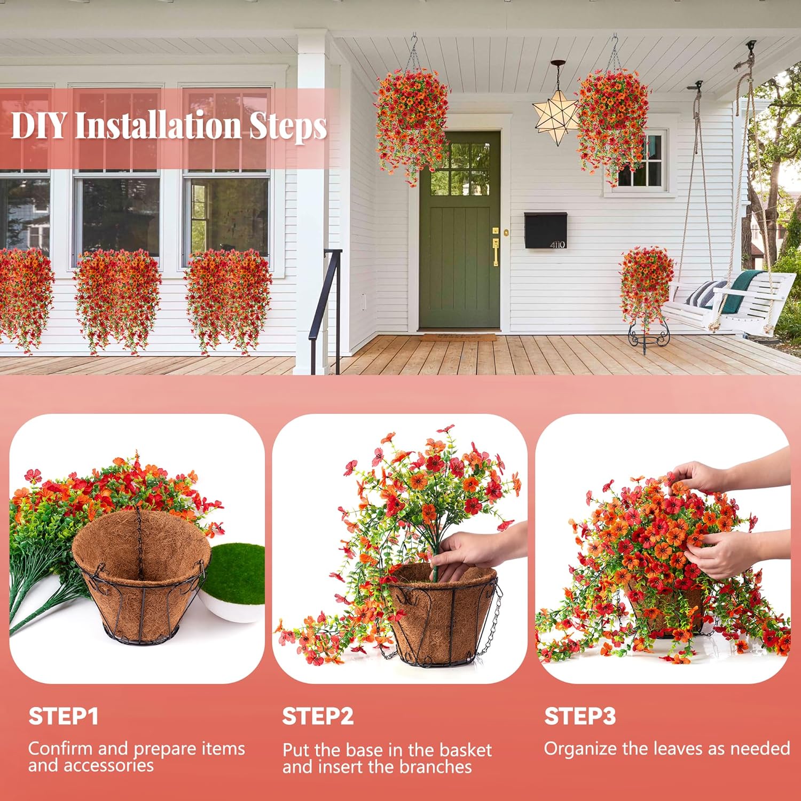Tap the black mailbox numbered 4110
[x=545, y=230]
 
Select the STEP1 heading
[x=64, y=716]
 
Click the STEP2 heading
[x=318, y=716]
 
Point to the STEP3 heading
[x=580, y=716]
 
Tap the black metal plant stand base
[x=647, y=339]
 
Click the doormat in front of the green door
[x=458, y=337]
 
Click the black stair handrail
[x=326, y=299]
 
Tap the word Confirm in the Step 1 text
[x=60, y=749]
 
